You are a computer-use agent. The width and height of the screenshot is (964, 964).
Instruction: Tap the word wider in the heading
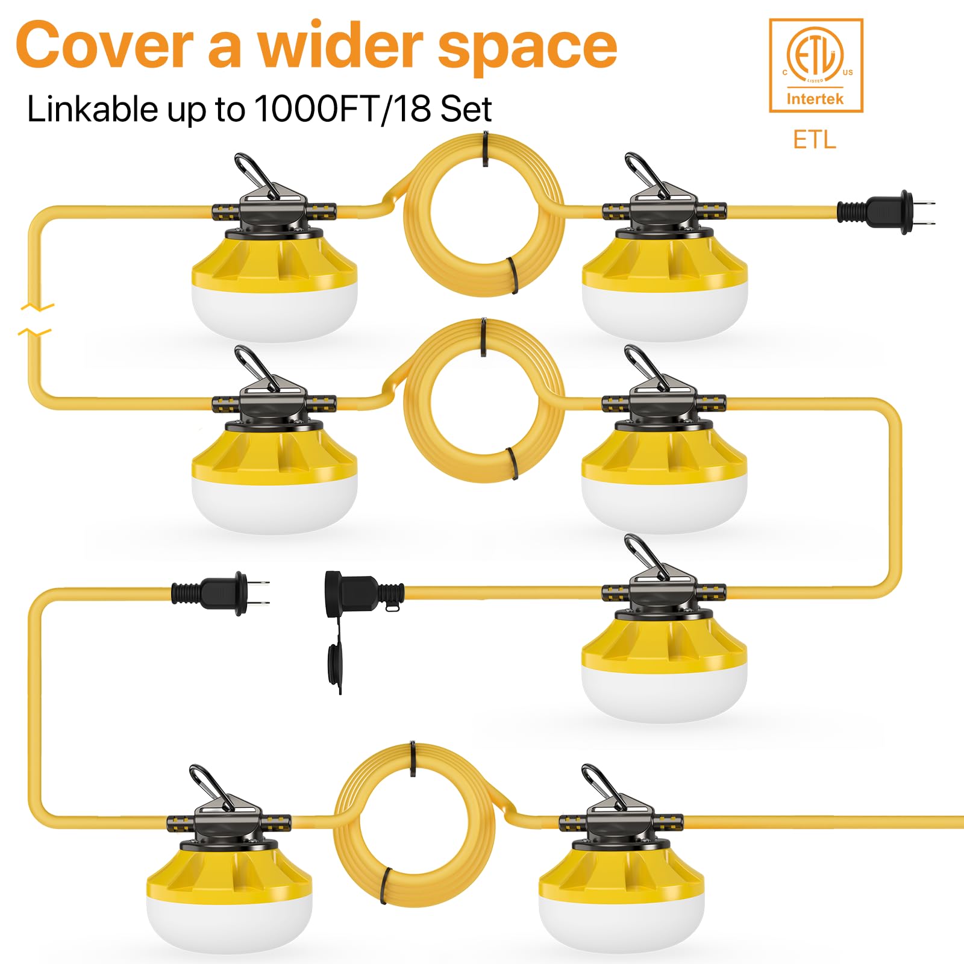click(x=340, y=46)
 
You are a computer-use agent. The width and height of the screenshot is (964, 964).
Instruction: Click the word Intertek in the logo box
click(x=815, y=99)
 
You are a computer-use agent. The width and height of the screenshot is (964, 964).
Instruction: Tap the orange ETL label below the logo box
click(x=815, y=140)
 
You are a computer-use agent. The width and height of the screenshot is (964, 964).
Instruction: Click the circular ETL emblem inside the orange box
click(x=815, y=55)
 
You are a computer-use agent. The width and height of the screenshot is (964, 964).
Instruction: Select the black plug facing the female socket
click(x=220, y=593)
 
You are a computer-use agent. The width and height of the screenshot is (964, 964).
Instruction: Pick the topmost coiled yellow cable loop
click(x=484, y=216)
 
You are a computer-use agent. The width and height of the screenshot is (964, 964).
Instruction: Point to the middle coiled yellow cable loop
click(x=484, y=401)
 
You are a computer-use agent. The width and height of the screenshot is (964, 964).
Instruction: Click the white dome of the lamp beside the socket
click(x=664, y=693)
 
